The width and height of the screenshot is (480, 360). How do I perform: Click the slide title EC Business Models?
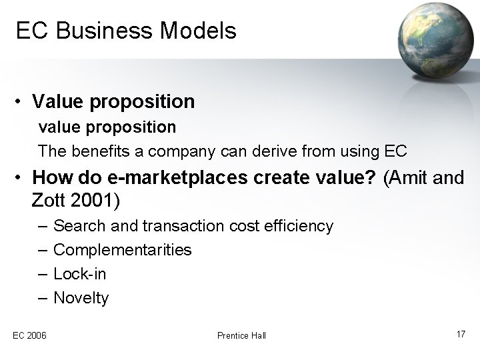point(126,31)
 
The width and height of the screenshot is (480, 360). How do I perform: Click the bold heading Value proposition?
point(113,101)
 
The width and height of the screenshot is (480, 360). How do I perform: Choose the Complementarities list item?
point(122,250)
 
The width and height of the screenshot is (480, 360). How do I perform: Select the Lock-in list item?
point(79,274)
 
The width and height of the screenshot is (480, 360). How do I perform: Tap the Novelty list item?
point(81,298)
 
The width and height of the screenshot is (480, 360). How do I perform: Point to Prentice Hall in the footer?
point(241,335)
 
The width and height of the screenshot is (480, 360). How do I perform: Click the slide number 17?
point(461,333)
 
